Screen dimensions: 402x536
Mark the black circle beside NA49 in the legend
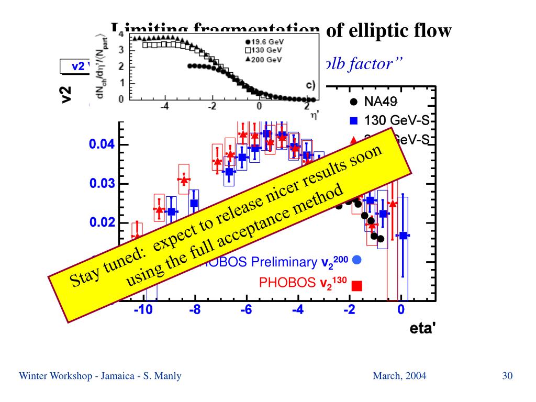click(354, 102)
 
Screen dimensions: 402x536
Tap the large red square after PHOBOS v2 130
click(357, 285)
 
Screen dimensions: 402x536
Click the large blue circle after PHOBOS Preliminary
click(357, 260)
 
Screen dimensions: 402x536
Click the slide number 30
click(507, 375)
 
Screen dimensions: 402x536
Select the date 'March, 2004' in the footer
click(399, 375)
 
